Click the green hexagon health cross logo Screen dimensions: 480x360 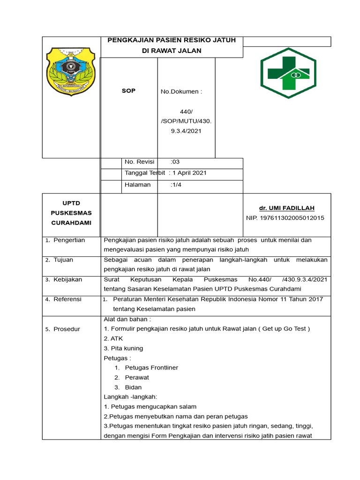[288, 73]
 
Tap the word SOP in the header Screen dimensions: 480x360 [128, 91]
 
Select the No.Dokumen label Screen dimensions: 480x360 [181, 91]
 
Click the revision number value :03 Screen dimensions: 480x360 [175, 162]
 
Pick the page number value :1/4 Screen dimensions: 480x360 [177, 185]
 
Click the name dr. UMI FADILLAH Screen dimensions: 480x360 [286, 208]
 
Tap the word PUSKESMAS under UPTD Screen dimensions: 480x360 [71, 213]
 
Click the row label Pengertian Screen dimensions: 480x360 [69, 240]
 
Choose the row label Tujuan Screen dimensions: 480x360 [63, 260]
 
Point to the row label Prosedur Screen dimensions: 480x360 [67, 329]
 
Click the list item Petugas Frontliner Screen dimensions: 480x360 [151, 368]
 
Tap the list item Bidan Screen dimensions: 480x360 [133, 388]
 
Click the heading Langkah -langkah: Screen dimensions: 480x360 [130, 397]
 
